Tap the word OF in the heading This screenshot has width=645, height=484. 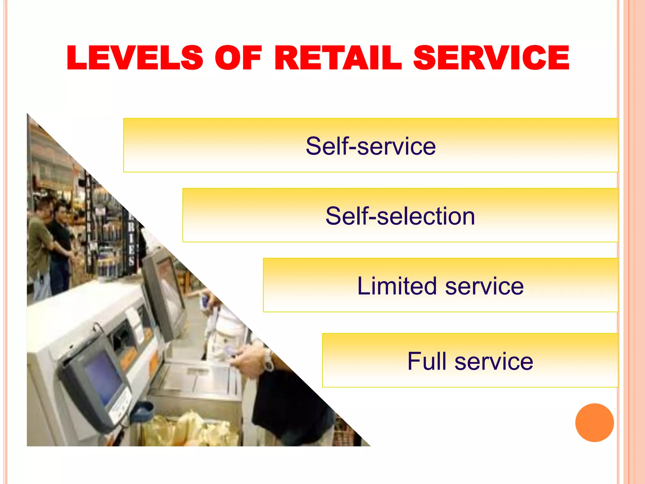[x=238, y=58]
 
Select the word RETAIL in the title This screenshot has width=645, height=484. [x=338, y=58]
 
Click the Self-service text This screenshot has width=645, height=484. [x=370, y=146]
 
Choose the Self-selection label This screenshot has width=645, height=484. [x=400, y=216]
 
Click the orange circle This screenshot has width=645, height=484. [x=594, y=423]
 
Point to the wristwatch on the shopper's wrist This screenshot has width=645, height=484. [x=268, y=360]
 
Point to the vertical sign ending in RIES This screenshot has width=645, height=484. [x=131, y=239]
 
